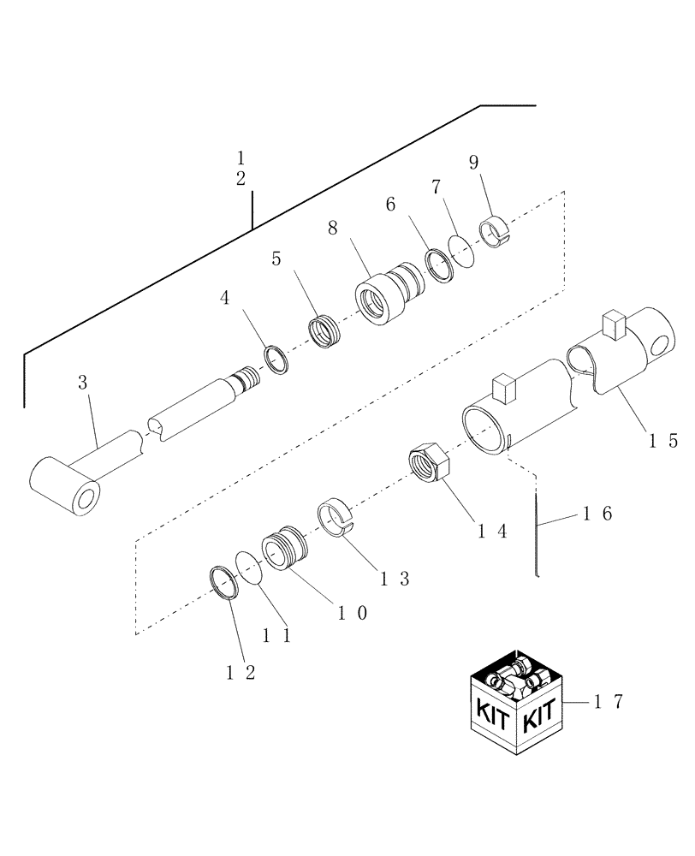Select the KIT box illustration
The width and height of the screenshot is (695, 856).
(x=517, y=705)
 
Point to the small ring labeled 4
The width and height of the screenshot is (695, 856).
(x=276, y=358)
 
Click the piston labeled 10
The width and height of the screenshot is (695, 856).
(x=282, y=550)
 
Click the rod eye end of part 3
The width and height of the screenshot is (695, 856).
(x=68, y=489)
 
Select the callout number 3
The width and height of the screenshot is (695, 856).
(x=83, y=383)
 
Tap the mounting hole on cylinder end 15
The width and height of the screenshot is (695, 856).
(x=660, y=345)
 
